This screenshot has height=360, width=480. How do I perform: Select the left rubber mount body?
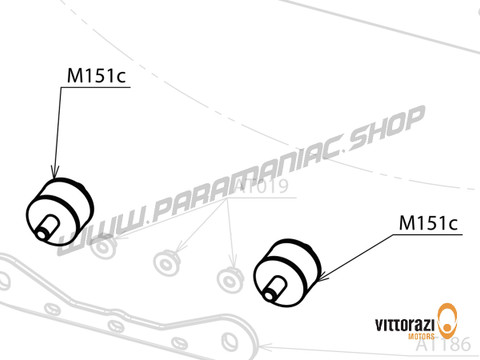(66, 205)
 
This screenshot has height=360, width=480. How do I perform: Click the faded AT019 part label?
(237, 184)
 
